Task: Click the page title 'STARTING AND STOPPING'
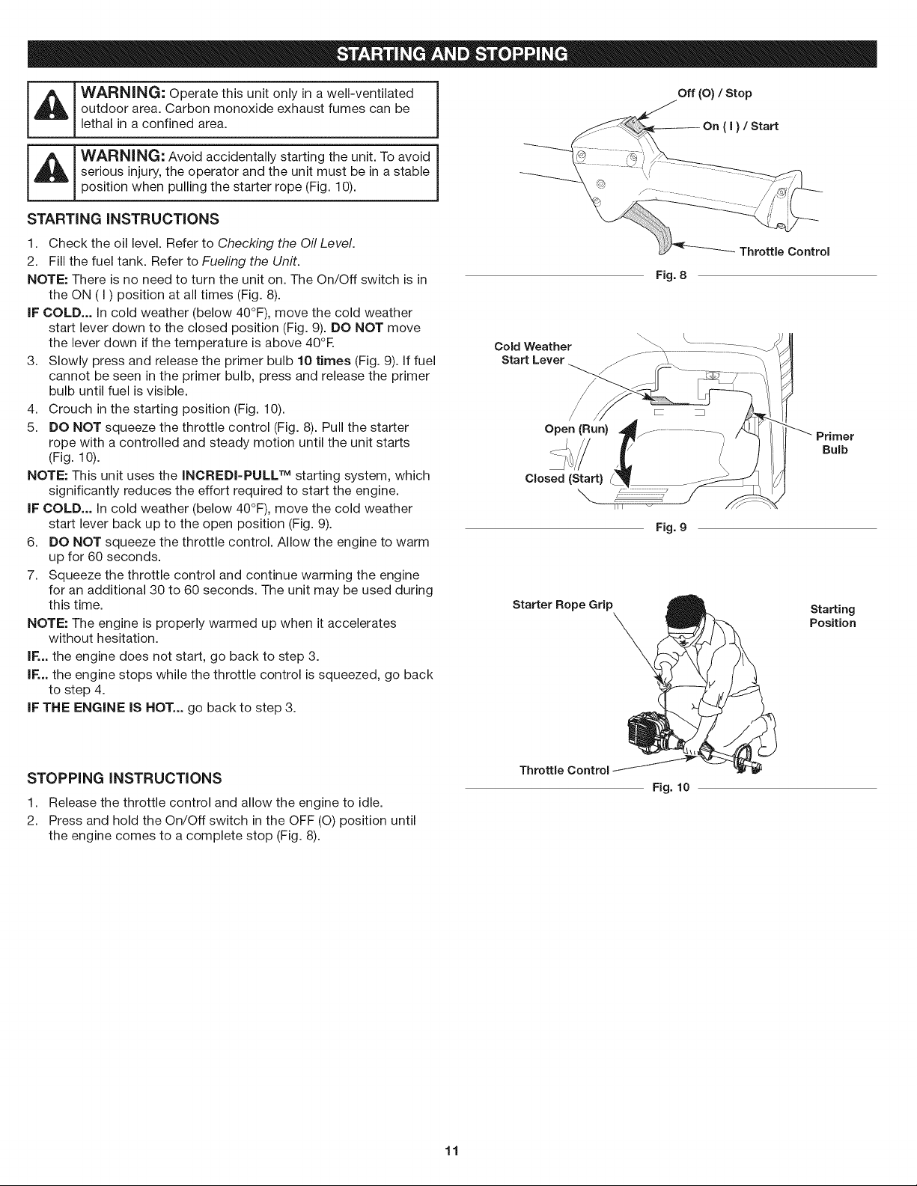(x=452, y=54)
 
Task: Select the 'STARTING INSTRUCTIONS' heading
(x=123, y=219)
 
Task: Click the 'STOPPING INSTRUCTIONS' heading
(x=124, y=777)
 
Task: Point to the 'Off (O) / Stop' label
(x=714, y=94)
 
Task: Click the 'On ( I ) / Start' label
(x=740, y=126)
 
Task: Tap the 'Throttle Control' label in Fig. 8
(x=785, y=251)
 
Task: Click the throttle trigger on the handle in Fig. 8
(x=652, y=229)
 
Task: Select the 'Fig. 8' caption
(x=671, y=275)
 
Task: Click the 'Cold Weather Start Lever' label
(x=533, y=353)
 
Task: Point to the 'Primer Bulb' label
(x=835, y=443)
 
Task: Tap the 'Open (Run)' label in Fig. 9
(x=576, y=429)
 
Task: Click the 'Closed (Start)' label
(x=564, y=479)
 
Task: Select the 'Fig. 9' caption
(x=671, y=528)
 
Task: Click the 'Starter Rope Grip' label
(x=563, y=605)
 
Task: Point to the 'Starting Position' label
(x=832, y=616)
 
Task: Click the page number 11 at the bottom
(x=452, y=1151)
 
